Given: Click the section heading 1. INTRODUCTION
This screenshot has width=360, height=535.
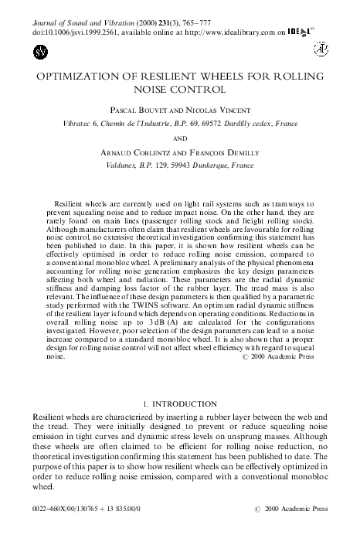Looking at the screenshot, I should [x=179, y=404].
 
